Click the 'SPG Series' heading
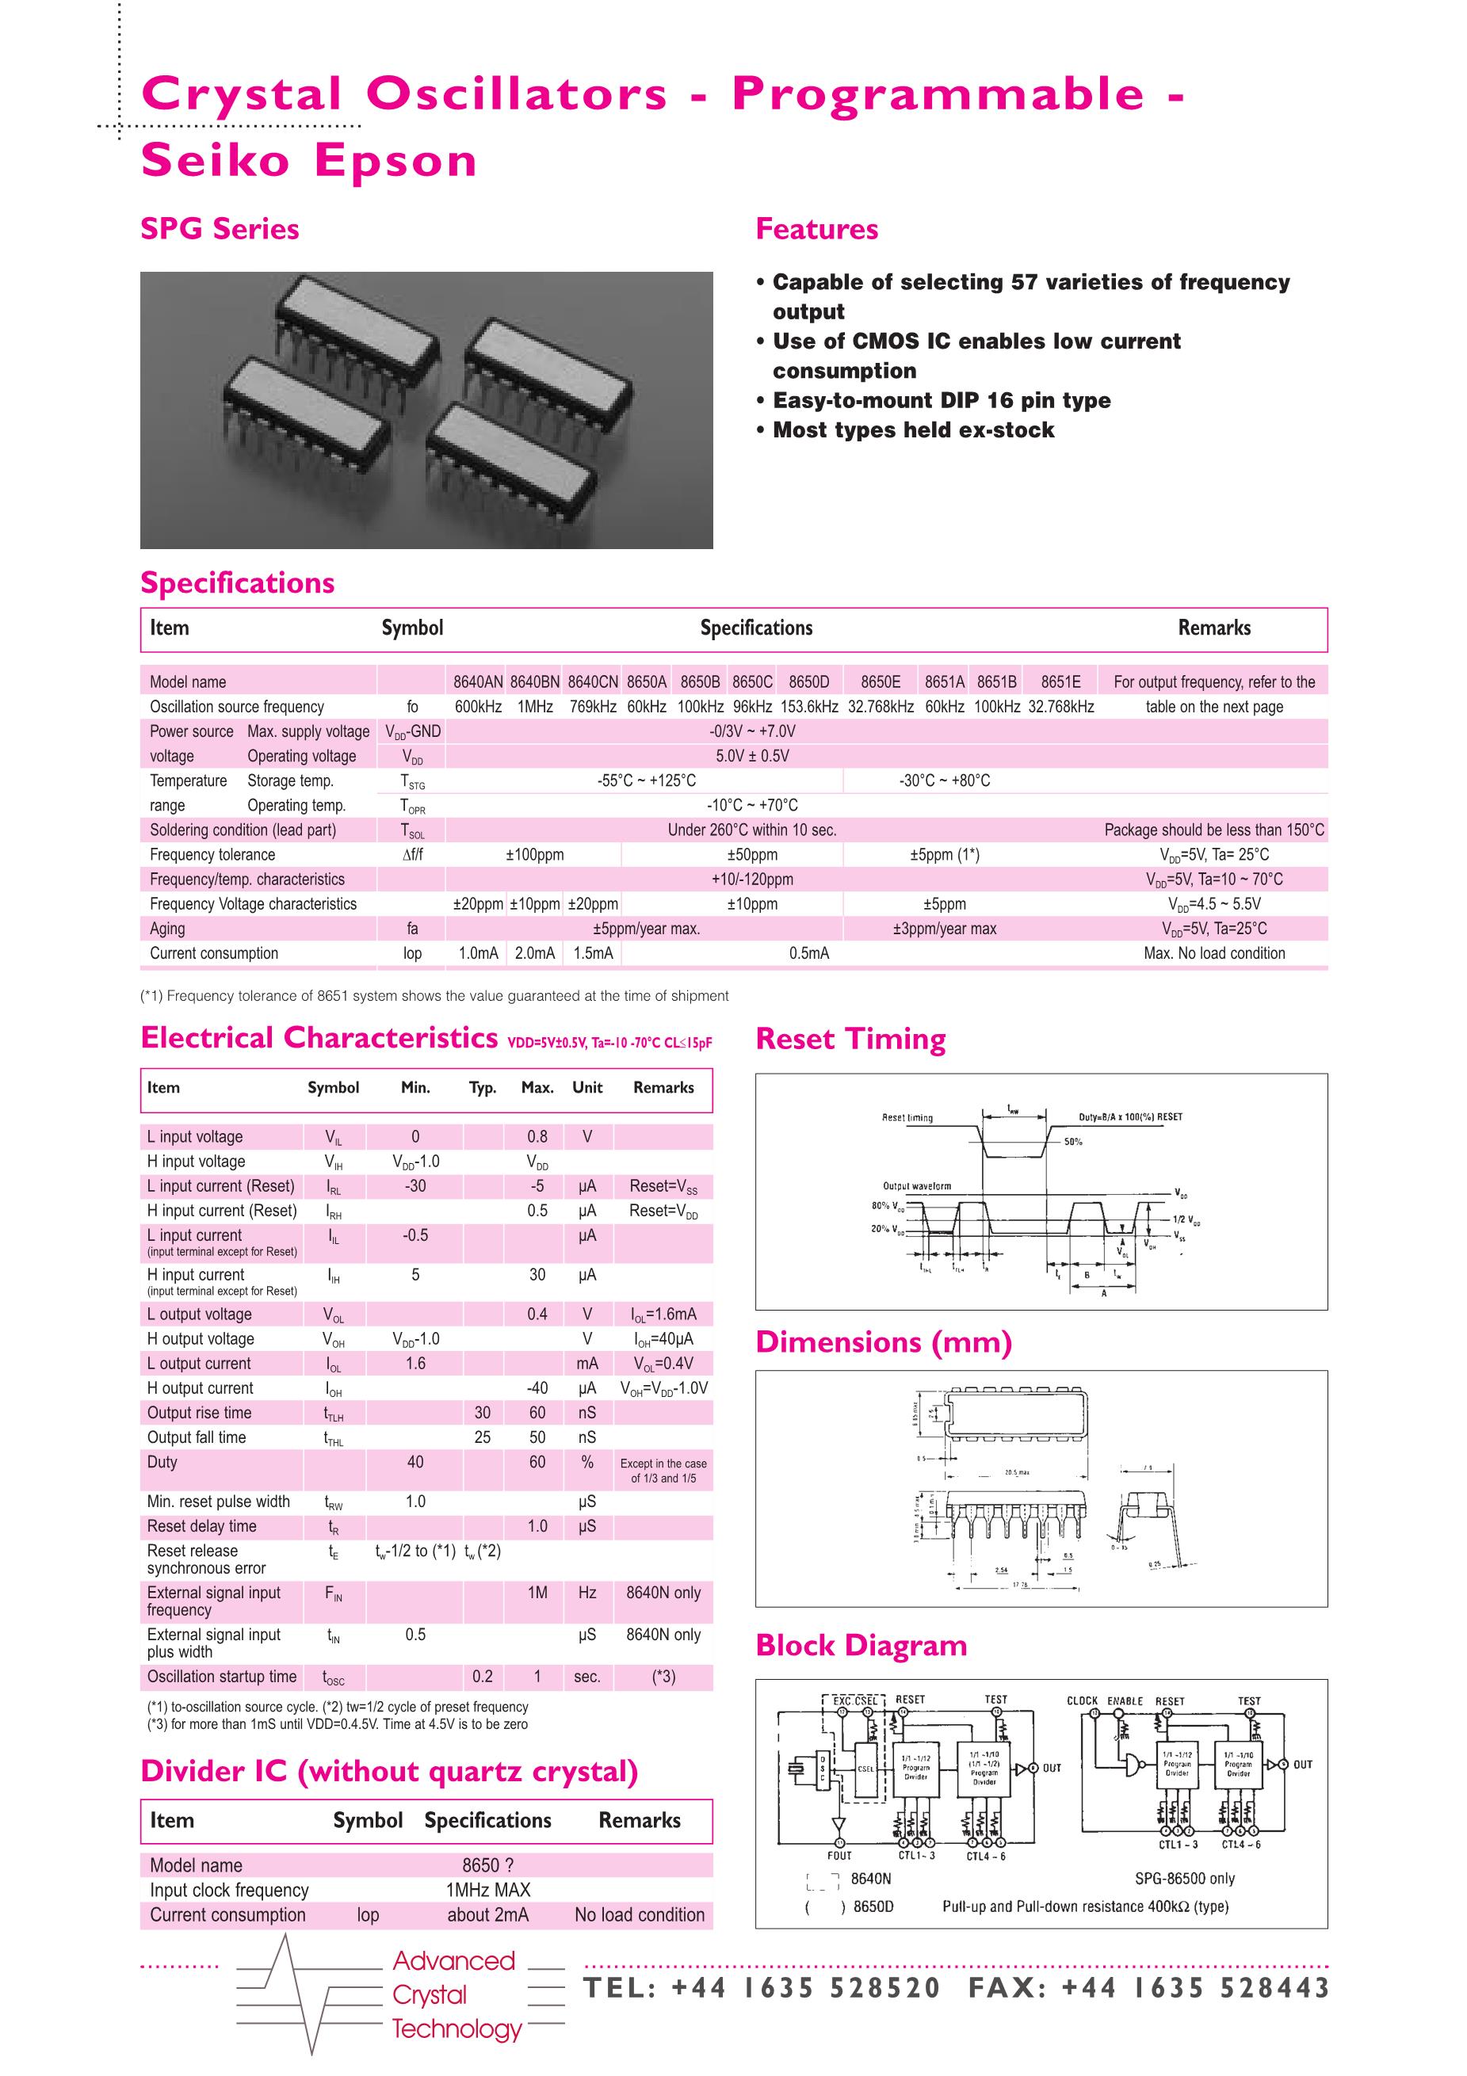pyautogui.click(x=220, y=230)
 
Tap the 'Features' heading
pyautogui.click(x=816, y=230)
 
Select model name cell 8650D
pyautogui.click(x=808, y=681)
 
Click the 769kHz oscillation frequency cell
pyautogui.click(x=592, y=706)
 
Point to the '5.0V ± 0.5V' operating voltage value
pyautogui.click(x=752, y=756)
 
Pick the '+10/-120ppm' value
pyautogui.click(x=752, y=879)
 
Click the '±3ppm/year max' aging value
pyautogui.click(x=944, y=929)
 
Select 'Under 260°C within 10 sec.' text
pyautogui.click(x=752, y=830)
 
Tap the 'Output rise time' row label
pyautogui.click(x=199, y=1412)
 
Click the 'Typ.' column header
pyautogui.click(x=483, y=1088)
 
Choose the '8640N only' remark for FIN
pyautogui.click(x=663, y=1593)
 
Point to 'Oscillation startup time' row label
pyautogui.click(x=222, y=1677)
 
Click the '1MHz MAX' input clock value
pyautogui.click(x=487, y=1890)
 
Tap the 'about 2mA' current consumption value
pyautogui.click(x=487, y=1914)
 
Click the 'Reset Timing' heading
pyautogui.click(x=850, y=1039)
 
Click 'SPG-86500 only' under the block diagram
pyautogui.click(x=1184, y=1878)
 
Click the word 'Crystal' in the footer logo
pyautogui.click(x=430, y=1994)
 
